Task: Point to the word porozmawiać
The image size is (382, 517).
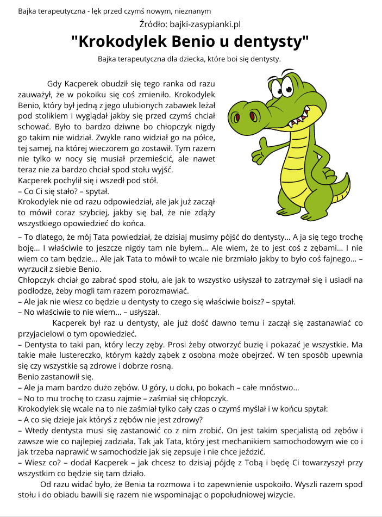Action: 160,290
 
